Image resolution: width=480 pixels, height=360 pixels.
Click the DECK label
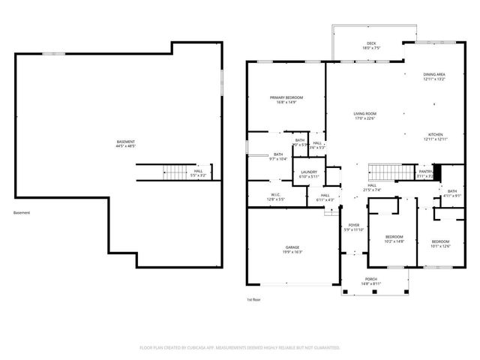point(370,43)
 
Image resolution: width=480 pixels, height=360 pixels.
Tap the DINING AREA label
point(434,74)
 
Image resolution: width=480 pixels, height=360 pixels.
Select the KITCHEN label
point(435,135)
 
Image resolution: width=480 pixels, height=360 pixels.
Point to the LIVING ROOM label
point(364,114)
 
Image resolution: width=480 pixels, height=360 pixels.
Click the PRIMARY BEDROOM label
point(286,97)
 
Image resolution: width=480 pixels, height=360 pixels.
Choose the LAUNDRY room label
point(309,172)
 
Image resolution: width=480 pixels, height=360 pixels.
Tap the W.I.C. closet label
point(275,194)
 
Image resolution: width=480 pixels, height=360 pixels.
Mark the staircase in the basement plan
point(175,172)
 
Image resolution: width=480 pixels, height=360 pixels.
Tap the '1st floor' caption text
point(253,299)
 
